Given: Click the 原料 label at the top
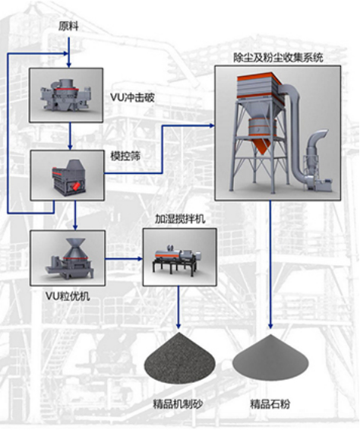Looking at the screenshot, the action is tap(68, 27).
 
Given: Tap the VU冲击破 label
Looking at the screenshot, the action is tap(132, 97).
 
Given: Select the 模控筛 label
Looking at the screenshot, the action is tap(125, 156).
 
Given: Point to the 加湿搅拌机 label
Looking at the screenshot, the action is tap(180, 219).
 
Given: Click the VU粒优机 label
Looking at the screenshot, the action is tap(68, 296).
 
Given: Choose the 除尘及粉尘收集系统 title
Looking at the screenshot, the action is tap(278, 57).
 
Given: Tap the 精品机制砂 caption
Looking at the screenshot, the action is tap(178, 404).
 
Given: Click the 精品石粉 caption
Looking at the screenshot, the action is tap(270, 404).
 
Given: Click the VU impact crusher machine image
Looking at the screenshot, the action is tap(66, 95).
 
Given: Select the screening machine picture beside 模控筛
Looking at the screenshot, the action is tap(67, 175).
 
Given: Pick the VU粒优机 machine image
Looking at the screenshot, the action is tap(68, 258).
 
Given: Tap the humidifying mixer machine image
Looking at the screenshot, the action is tap(179, 257).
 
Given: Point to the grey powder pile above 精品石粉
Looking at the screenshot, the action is tap(270, 357).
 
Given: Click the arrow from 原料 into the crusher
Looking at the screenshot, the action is tap(69, 52).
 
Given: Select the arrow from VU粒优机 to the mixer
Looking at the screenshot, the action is tap(124, 258).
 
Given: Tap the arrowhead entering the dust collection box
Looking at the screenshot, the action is tap(212, 126).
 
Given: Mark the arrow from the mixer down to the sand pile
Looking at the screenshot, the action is tap(178, 308).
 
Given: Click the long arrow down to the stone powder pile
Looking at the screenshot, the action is tap(270, 264).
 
